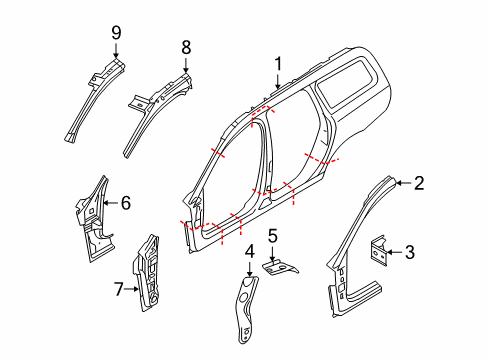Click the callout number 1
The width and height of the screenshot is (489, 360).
pyautogui.click(x=277, y=62)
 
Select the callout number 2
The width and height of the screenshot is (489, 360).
pyautogui.click(x=420, y=182)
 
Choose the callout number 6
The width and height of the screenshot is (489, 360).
pyautogui.click(x=125, y=203)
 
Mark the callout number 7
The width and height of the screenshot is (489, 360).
pyautogui.click(x=117, y=289)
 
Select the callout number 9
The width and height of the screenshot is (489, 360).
pyautogui.click(x=116, y=34)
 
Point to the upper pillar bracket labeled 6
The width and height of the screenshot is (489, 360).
pyautogui.click(x=92, y=215)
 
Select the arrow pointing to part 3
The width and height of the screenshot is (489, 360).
pyautogui.click(x=400, y=253)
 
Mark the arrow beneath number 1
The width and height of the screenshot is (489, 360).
pyautogui.click(x=277, y=80)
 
